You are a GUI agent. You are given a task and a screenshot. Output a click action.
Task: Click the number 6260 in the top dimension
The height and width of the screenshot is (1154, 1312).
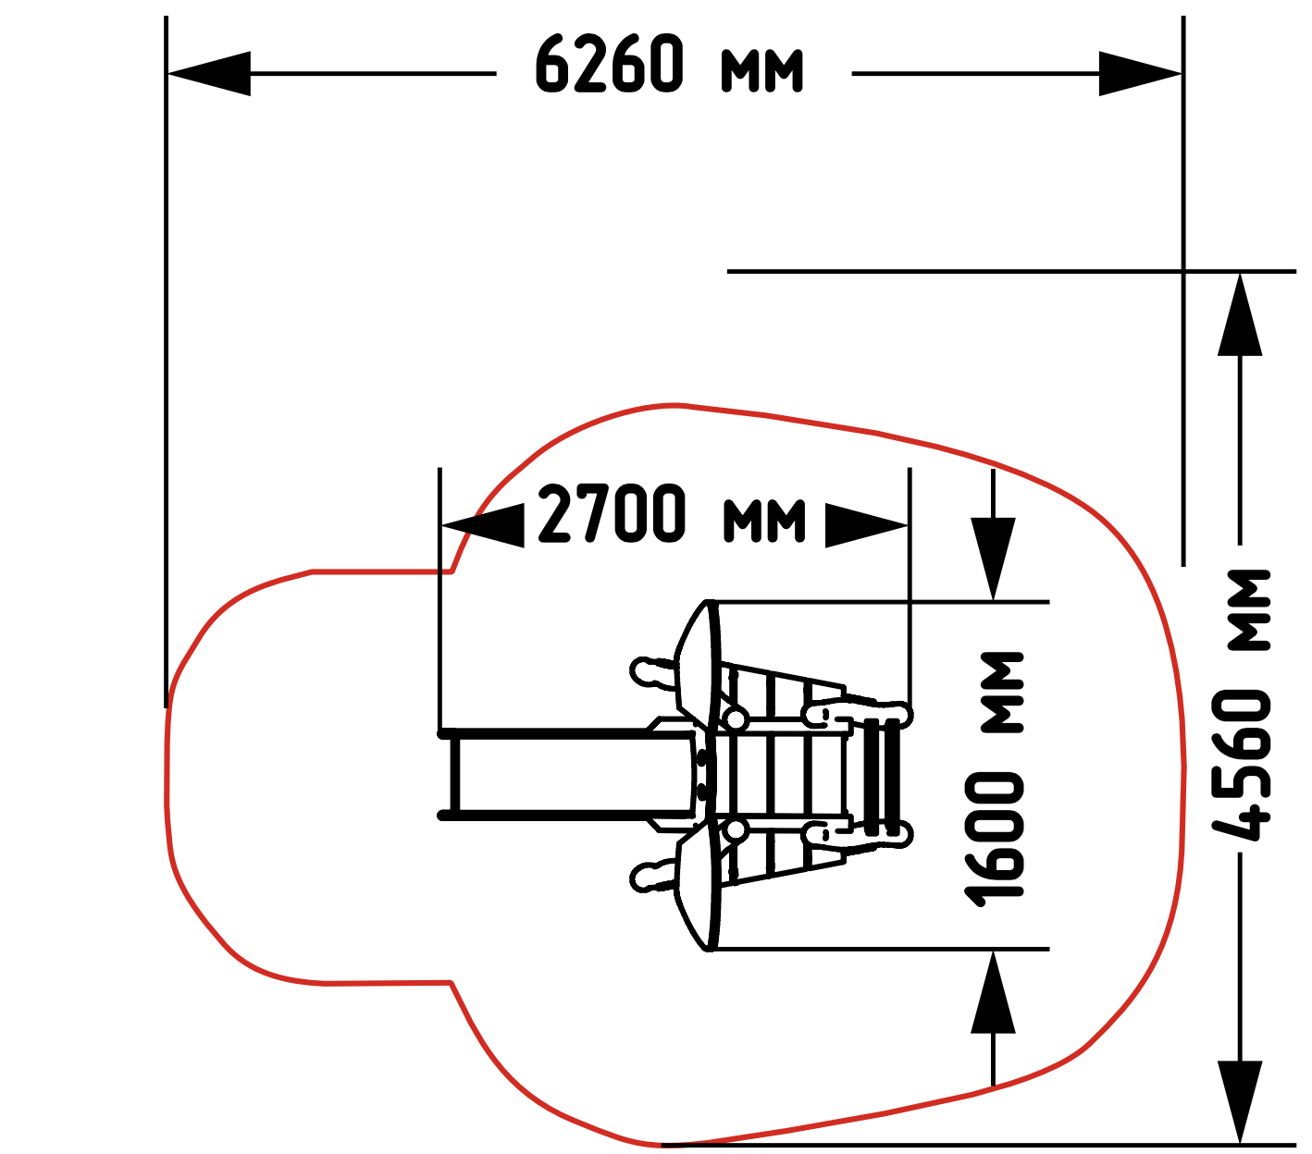[610, 64]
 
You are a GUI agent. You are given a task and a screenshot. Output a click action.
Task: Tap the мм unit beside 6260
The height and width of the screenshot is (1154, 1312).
[762, 70]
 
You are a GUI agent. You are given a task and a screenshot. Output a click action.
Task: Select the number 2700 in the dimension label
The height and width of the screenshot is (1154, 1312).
[612, 513]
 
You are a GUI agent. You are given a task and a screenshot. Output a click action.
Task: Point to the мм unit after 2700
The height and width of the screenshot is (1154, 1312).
[764, 520]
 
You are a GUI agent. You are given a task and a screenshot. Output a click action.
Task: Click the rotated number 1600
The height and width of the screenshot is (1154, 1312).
[994, 841]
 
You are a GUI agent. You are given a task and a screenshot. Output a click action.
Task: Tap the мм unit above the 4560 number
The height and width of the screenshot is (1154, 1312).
[1250, 609]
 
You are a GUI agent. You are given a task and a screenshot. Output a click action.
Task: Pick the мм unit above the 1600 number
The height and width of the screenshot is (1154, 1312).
[1002, 693]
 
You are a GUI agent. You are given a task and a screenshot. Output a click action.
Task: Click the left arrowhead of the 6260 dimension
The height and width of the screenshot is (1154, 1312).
[208, 74]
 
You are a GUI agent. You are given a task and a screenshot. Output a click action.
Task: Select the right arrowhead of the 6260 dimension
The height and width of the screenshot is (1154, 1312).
[1141, 74]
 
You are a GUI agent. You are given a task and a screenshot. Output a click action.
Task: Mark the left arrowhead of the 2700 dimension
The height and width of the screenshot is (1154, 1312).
[482, 525]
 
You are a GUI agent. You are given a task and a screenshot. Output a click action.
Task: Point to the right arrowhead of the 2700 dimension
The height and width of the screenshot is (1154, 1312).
[866, 525]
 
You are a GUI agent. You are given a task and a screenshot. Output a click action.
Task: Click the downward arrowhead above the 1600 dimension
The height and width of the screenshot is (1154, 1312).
[993, 559]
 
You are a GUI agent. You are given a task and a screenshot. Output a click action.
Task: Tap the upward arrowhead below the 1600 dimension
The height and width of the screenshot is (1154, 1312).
[993, 991]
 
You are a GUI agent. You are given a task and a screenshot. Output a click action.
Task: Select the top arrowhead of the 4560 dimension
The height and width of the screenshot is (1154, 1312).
[1240, 314]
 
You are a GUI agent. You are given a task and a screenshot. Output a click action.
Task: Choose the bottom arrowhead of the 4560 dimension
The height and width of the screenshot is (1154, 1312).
[1240, 1101]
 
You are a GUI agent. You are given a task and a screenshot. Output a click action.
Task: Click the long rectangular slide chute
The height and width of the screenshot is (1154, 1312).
[567, 774]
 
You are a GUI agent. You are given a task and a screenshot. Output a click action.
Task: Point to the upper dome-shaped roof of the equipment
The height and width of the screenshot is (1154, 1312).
[698, 664]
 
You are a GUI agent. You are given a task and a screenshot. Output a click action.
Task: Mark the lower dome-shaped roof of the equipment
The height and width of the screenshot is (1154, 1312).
[698, 886]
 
